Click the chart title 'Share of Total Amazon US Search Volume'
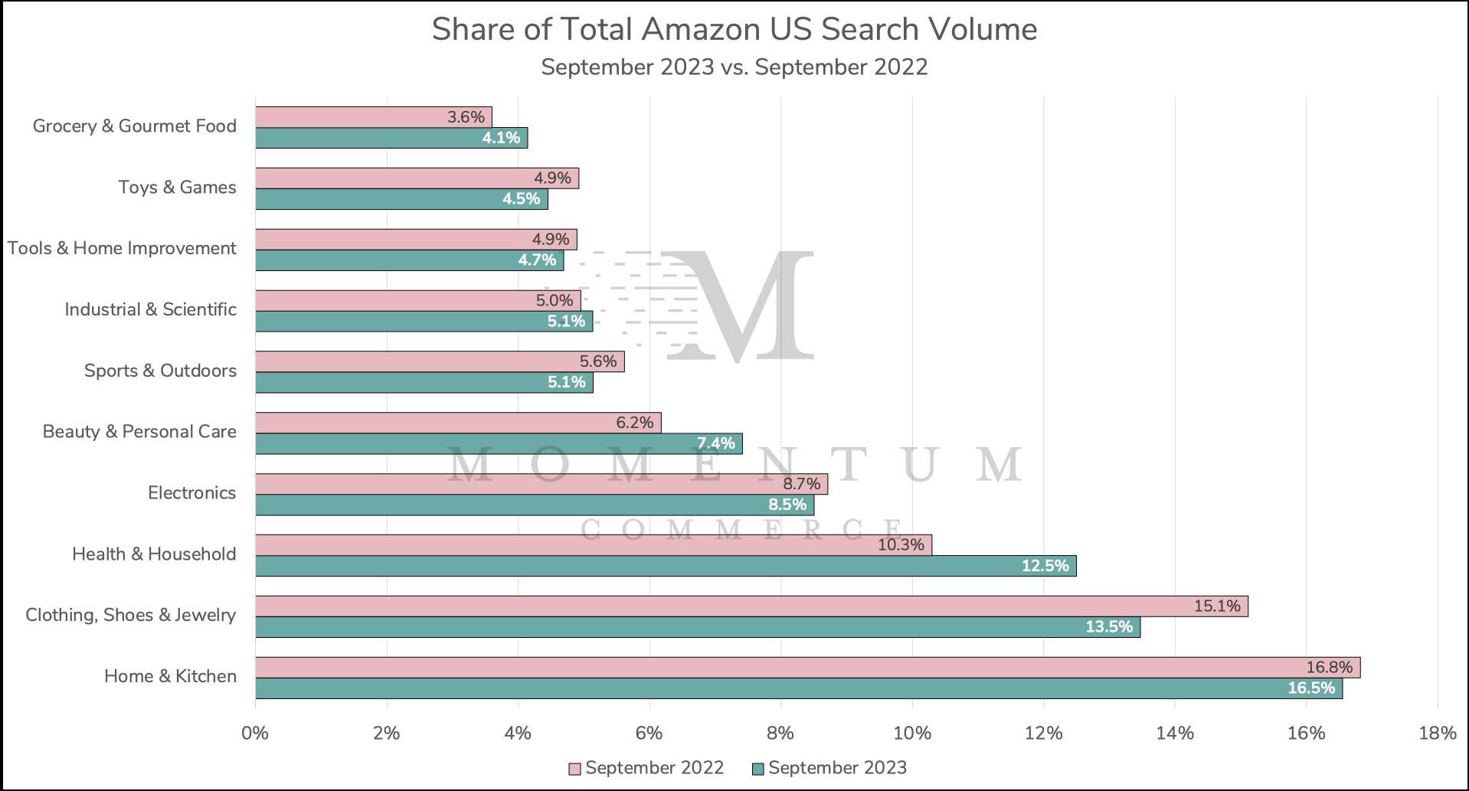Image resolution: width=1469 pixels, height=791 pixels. tap(734, 30)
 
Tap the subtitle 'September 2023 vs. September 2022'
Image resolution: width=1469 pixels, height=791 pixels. tap(734, 67)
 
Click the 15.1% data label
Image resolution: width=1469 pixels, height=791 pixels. tap(1217, 606)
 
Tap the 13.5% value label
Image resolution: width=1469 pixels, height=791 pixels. tap(1108, 627)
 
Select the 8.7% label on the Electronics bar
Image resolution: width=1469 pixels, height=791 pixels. tap(801, 484)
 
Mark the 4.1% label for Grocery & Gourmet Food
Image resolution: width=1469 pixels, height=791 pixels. tap(501, 138)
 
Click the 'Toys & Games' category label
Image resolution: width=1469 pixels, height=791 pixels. tap(177, 188)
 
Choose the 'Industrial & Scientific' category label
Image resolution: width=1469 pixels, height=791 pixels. tap(150, 309)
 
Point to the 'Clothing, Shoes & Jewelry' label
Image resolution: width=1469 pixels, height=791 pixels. tap(130, 615)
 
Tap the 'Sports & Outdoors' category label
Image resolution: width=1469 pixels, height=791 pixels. tap(160, 371)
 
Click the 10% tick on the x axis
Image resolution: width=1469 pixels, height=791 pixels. tap(912, 734)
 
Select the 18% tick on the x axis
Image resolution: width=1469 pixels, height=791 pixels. tap(1437, 734)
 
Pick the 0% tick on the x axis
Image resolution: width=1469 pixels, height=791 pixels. tap(255, 734)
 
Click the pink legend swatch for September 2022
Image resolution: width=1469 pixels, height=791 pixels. tap(574, 769)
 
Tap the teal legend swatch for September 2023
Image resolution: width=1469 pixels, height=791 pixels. tap(758, 769)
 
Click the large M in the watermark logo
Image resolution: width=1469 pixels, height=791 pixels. tap(739, 306)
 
